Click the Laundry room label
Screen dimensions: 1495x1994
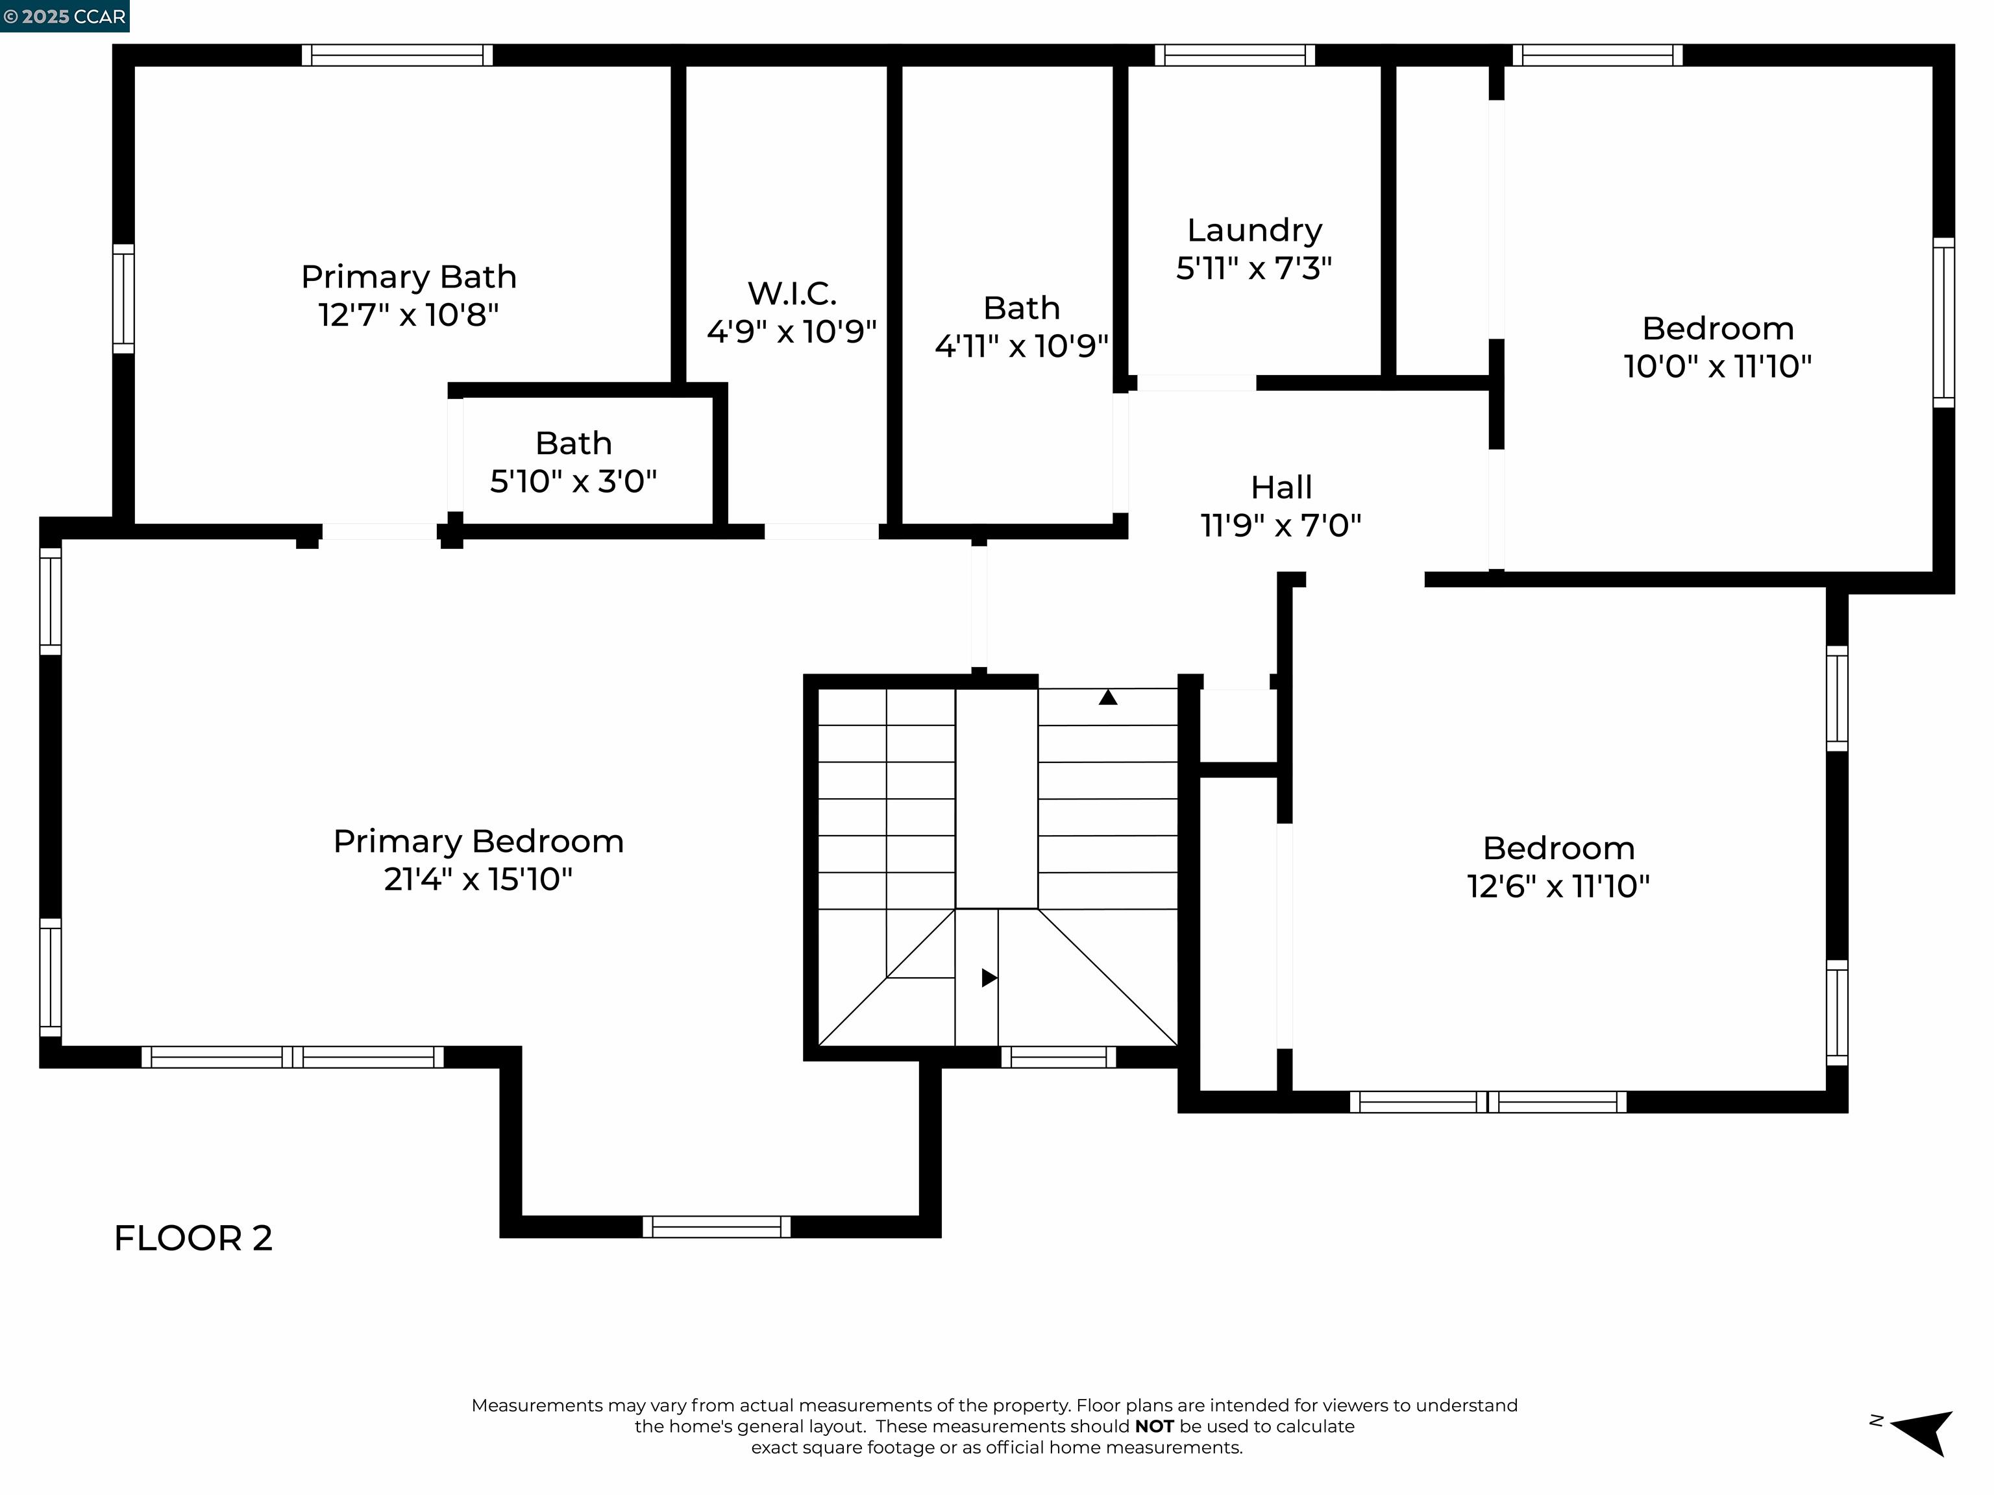coord(1254,231)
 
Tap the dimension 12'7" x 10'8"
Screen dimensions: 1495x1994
coord(408,315)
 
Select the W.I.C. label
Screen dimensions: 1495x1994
coord(791,294)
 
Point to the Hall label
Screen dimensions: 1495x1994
coord(1281,487)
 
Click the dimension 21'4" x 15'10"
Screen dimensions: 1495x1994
coord(478,879)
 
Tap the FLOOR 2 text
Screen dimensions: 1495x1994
coord(193,1238)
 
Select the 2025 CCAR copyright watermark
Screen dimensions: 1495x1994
coord(64,16)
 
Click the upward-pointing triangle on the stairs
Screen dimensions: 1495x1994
coord(1108,698)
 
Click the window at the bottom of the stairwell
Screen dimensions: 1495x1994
coord(1058,1057)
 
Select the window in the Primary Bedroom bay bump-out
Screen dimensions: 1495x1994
coord(717,1226)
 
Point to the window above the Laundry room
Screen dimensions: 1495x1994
coord(1234,55)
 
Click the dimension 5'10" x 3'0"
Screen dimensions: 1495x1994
coord(573,482)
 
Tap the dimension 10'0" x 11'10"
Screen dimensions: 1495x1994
coord(1717,367)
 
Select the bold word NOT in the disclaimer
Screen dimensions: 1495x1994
coord(1154,1426)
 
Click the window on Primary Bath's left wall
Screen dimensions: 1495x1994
coord(123,298)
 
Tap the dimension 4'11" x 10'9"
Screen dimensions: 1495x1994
coord(1021,346)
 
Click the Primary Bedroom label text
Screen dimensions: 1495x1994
coord(478,842)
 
